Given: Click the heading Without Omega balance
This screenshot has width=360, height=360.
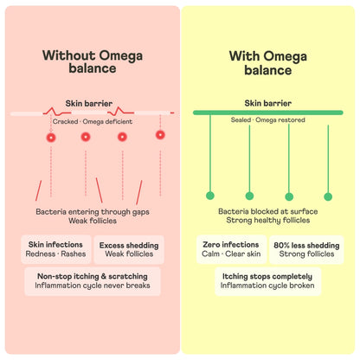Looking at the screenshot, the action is pyautogui.click(x=93, y=61).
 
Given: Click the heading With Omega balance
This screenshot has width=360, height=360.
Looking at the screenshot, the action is pyautogui.click(x=268, y=63).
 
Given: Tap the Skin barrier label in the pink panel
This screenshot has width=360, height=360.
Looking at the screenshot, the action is pyautogui.click(x=89, y=103).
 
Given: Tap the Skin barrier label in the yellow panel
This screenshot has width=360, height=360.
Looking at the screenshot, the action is pyautogui.click(x=268, y=103).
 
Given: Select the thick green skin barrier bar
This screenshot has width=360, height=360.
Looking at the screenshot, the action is pyautogui.click(x=268, y=112).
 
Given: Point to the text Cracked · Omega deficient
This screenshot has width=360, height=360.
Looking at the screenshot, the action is pyautogui.click(x=93, y=121).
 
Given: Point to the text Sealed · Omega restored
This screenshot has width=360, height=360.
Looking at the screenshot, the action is pyautogui.click(x=267, y=119).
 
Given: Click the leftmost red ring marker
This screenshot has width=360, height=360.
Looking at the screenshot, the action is pyautogui.click(x=51, y=138).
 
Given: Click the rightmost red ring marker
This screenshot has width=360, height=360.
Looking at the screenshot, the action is pyautogui.click(x=160, y=135).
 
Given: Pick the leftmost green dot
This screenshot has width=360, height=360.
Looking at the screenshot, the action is pyautogui.click(x=210, y=196).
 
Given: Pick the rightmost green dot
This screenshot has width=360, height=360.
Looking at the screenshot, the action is pyautogui.click(x=328, y=196).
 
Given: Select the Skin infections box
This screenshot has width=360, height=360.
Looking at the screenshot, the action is pyautogui.click(x=56, y=249).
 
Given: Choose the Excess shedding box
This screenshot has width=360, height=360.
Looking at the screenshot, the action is pyautogui.click(x=129, y=250).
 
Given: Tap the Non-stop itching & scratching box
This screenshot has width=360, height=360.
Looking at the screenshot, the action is pyautogui.click(x=93, y=281).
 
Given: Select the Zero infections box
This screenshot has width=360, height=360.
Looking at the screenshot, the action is pyautogui.click(x=231, y=249).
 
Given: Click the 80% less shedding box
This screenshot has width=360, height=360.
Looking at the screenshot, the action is pyautogui.click(x=306, y=250).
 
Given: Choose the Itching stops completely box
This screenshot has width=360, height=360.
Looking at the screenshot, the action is pyautogui.click(x=267, y=281).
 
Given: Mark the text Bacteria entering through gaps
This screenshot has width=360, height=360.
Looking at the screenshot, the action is pyautogui.click(x=93, y=212).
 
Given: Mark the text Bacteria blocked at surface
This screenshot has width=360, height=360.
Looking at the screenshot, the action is pyautogui.click(x=268, y=211).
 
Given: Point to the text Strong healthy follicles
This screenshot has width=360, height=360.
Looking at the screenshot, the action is pyautogui.click(x=268, y=221).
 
